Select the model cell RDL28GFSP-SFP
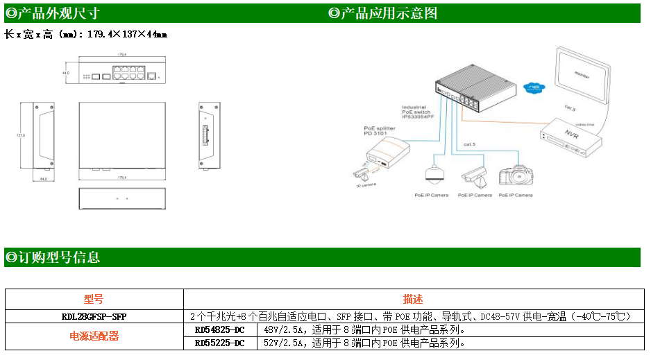(x=94, y=316)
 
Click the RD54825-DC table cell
(x=220, y=329)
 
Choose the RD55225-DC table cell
(x=220, y=343)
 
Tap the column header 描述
(x=413, y=300)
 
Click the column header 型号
(x=94, y=300)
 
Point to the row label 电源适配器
(x=94, y=336)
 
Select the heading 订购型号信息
(x=53, y=257)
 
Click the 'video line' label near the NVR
(x=585, y=125)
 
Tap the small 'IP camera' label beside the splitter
(x=366, y=185)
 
